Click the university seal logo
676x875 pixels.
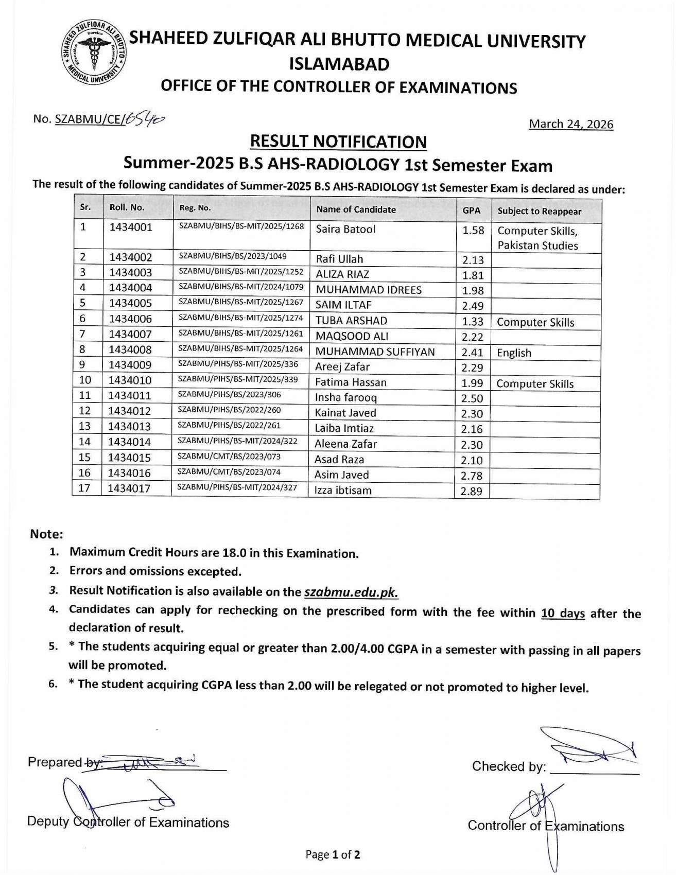[x=94, y=53]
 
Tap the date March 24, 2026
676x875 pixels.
[x=571, y=124]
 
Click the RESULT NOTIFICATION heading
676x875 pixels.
[x=338, y=142]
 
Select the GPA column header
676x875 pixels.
[x=471, y=211]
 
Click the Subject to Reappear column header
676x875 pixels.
[x=539, y=211]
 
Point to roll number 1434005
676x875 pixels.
[x=130, y=303]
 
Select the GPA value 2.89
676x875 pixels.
[x=471, y=491]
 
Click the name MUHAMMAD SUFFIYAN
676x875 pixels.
[x=375, y=352]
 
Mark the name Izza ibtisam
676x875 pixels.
[x=343, y=490]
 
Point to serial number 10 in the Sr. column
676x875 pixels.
[x=85, y=380]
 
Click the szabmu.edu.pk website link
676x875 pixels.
[x=351, y=592]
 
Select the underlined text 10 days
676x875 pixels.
[x=563, y=613]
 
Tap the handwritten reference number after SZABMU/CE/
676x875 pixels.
[x=145, y=119]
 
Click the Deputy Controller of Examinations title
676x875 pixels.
[x=128, y=822]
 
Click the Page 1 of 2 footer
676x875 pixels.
[x=333, y=854]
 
